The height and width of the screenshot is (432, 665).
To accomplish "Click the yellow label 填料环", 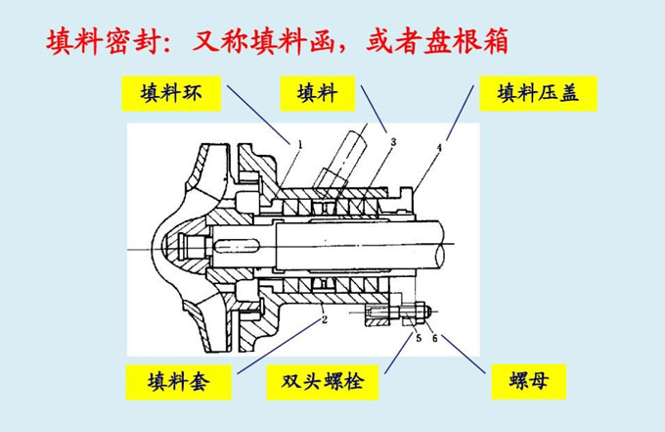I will (x=172, y=95).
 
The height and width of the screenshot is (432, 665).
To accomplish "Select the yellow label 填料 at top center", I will (x=318, y=94).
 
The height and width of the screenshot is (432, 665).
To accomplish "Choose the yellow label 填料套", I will (x=179, y=381).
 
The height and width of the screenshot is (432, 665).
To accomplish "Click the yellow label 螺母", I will (x=530, y=381).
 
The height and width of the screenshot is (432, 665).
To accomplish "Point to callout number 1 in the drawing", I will (x=299, y=143).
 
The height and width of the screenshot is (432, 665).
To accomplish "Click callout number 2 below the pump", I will (x=324, y=318).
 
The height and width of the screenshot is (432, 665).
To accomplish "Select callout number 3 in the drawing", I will (x=391, y=143).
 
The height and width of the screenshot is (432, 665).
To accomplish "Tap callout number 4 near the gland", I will (x=438, y=148).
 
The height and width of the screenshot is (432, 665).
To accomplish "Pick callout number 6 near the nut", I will (x=435, y=339).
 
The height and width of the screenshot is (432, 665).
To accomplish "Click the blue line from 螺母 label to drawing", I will (x=461, y=355).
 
